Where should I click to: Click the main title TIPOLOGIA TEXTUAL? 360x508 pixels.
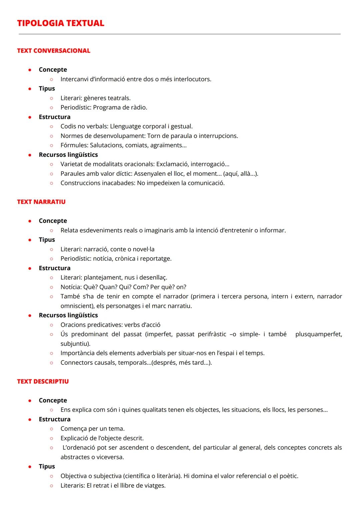[x=61, y=23]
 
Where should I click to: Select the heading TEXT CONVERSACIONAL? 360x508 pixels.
[x=54, y=51]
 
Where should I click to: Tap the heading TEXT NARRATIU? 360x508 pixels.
[x=41, y=202]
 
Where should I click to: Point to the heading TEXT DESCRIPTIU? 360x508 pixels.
[x=43, y=381]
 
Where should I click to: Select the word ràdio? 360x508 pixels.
[x=140, y=108]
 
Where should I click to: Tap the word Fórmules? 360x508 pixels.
[x=74, y=145]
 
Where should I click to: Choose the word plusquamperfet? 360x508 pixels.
[x=318, y=334]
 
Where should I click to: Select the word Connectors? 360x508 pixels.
[x=76, y=363]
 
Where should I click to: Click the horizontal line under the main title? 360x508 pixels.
[x=180, y=34]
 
